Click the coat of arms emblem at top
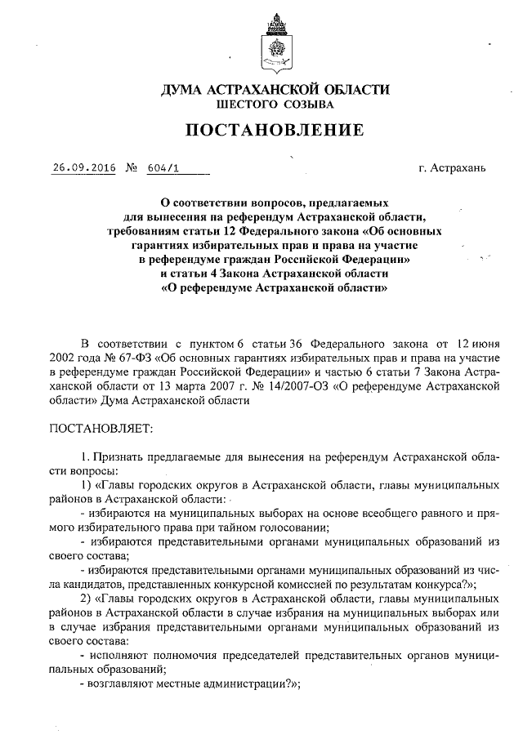pos(275,44)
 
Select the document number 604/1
pos(163,168)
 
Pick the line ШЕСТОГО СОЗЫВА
pos(275,105)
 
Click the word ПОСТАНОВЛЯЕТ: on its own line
pos(101,427)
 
